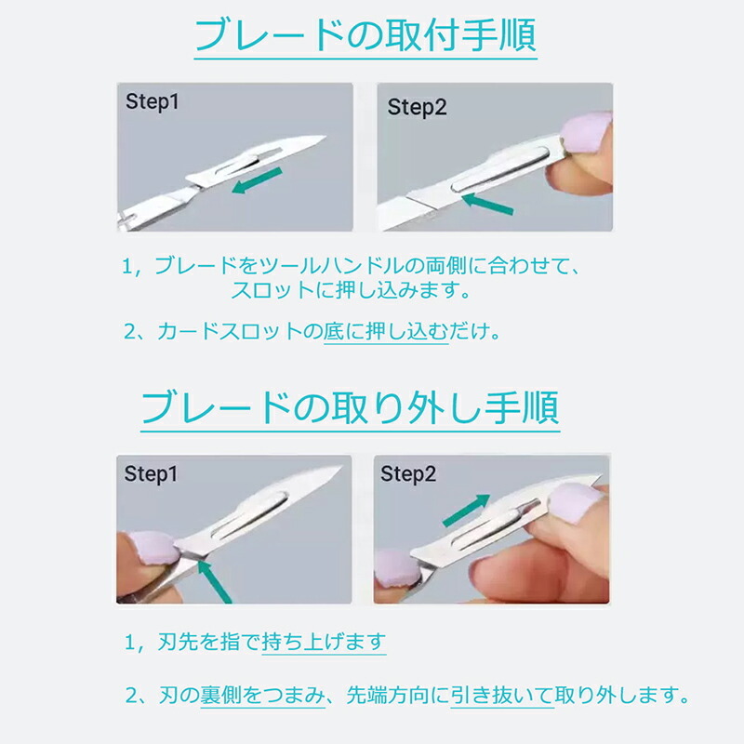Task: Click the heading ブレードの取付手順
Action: pyautogui.click(x=365, y=35)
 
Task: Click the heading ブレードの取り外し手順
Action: pyautogui.click(x=351, y=408)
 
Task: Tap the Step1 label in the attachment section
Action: pyautogui.click(x=153, y=101)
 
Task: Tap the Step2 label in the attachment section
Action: pyautogui.click(x=417, y=107)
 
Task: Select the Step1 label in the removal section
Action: pyautogui.click(x=151, y=473)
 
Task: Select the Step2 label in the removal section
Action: pyautogui.click(x=408, y=473)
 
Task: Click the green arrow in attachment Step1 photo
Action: pyautogui.click(x=257, y=180)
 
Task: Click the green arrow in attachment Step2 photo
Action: pyautogui.click(x=487, y=204)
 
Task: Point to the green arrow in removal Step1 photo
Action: pyautogui.click(x=214, y=581)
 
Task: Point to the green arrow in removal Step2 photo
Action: pyautogui.click(x=466, y=510)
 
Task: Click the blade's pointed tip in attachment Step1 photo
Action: pyautogui.click(x=325, y=137)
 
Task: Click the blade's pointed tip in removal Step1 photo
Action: pyautogui.click(x=340, y=468)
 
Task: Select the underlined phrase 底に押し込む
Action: pyautogui.click(x=386, y=331)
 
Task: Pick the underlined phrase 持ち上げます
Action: pyautogui.click(x=324, y=642)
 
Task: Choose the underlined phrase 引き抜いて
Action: pyautogui.click(x=502, y=695)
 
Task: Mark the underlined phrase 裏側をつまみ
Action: pyautogui.click(x=262, y=695)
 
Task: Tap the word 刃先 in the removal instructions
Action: pyautogui.click(x=178, y=642)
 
